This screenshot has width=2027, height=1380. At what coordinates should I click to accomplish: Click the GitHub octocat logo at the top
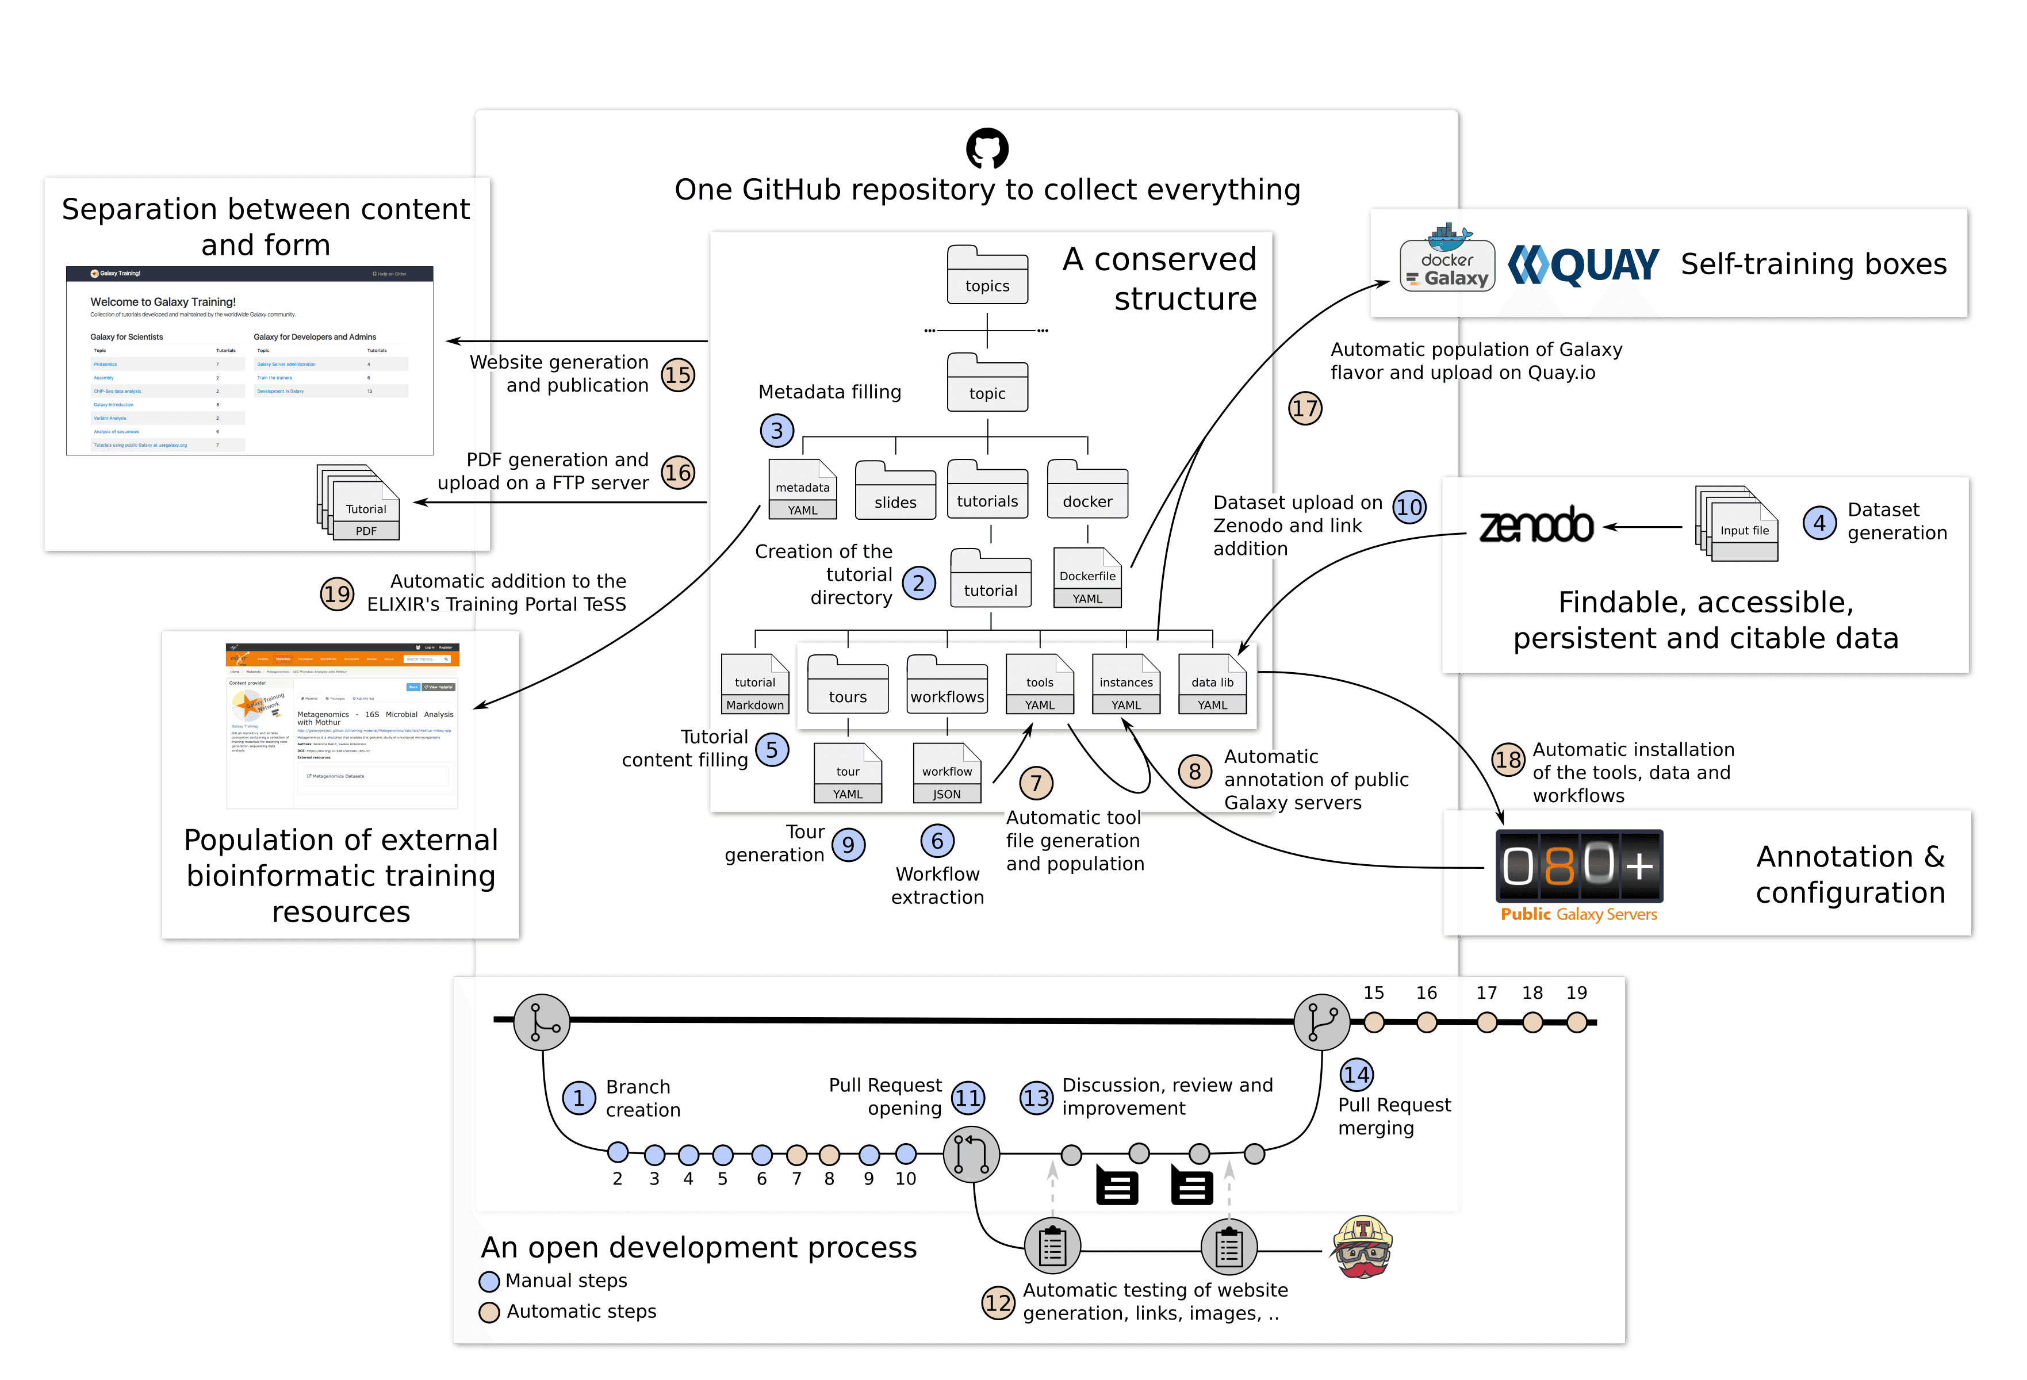pyautogui.click(x=987, y=148)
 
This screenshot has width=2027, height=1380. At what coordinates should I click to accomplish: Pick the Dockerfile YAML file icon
pyautogui.click(x=1087, y=577)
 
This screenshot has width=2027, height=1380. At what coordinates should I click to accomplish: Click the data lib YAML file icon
pyautogui.click(x=1212, y=685)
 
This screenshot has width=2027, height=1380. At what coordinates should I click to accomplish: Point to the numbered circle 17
pyautogui.click(x=1305, y=408)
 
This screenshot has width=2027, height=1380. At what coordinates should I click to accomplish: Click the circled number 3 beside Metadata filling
pyautogui.click(x=776, y=430)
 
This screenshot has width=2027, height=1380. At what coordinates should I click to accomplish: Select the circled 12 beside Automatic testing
pyautogui.click(x=998, y=1303)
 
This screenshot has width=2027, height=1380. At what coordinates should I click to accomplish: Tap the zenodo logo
pyautogui.click(x=1536, y=526)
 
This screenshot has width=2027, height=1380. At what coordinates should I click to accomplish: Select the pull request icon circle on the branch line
pyautogui.click(x=971, y=1153)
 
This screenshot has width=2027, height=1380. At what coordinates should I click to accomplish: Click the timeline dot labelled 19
pyautogui.click(x=1576, y=1022)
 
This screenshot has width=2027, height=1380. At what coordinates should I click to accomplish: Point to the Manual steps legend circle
pyautogui.click(x=489, y=1282)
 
